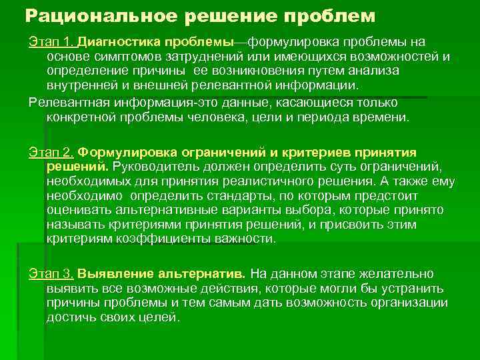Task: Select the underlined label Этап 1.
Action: tap(52, 42)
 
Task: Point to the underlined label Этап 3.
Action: tap(52, 274)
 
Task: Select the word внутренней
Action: tap(81, 86)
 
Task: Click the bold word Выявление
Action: tap(109, 274)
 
